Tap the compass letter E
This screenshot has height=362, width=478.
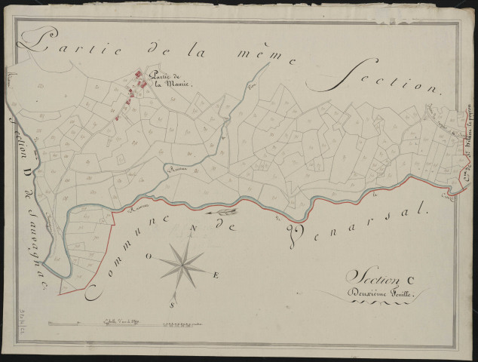pyautogui.click(x=216, y=276)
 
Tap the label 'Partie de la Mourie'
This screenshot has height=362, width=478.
pyautogui.click(x=170, y=79)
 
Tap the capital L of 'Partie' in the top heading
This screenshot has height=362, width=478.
pyautogui.click(x=41, y=41)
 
